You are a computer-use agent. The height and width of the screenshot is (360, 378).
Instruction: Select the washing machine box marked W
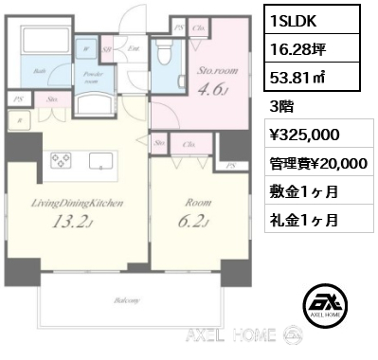[87, 45]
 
